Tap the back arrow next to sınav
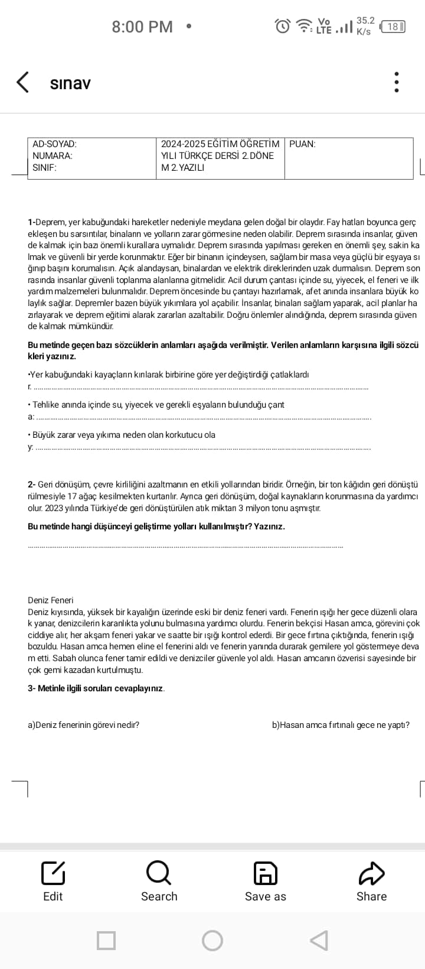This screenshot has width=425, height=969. tap(22, 83)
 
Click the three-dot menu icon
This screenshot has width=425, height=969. tap(397, 83)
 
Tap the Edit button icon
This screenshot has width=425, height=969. tap(53, 873)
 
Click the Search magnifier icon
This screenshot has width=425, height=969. tap(159, 873)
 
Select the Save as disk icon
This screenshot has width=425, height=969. tap(266, 873)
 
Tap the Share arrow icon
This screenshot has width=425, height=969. tap(371, 873)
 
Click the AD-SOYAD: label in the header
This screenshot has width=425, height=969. tap(54, 144)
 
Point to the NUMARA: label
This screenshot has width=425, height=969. tap(53, 155)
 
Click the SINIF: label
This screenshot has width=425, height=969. tap(44, 167)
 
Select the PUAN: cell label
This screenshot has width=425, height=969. tap(303, 144)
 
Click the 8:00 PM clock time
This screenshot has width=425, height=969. tap(142, 27)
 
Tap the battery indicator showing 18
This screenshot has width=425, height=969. tap(393, 27)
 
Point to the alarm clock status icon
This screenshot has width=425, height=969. tap(283, 26)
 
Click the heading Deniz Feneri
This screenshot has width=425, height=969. tap(51, 600)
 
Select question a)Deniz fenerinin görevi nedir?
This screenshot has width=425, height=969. tap(84, 724)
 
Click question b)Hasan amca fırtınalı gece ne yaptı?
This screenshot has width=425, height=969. tap(341, 724)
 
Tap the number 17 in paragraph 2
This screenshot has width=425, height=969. tap(73, 496)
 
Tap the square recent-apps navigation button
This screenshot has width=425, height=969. tap(106, 940)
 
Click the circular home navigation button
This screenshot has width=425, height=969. tap(212, 940)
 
